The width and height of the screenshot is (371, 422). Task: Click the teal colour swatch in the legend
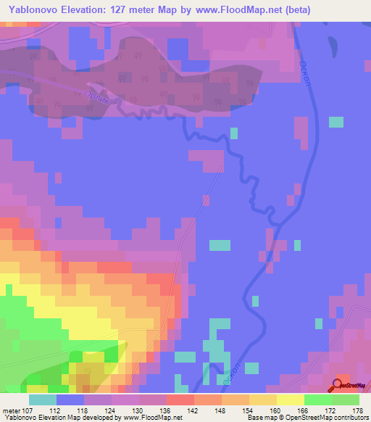(x=43, y=399)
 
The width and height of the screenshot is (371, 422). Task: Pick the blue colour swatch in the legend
(x=70, y=399)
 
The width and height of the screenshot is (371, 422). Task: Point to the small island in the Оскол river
(x=333, y=45)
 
